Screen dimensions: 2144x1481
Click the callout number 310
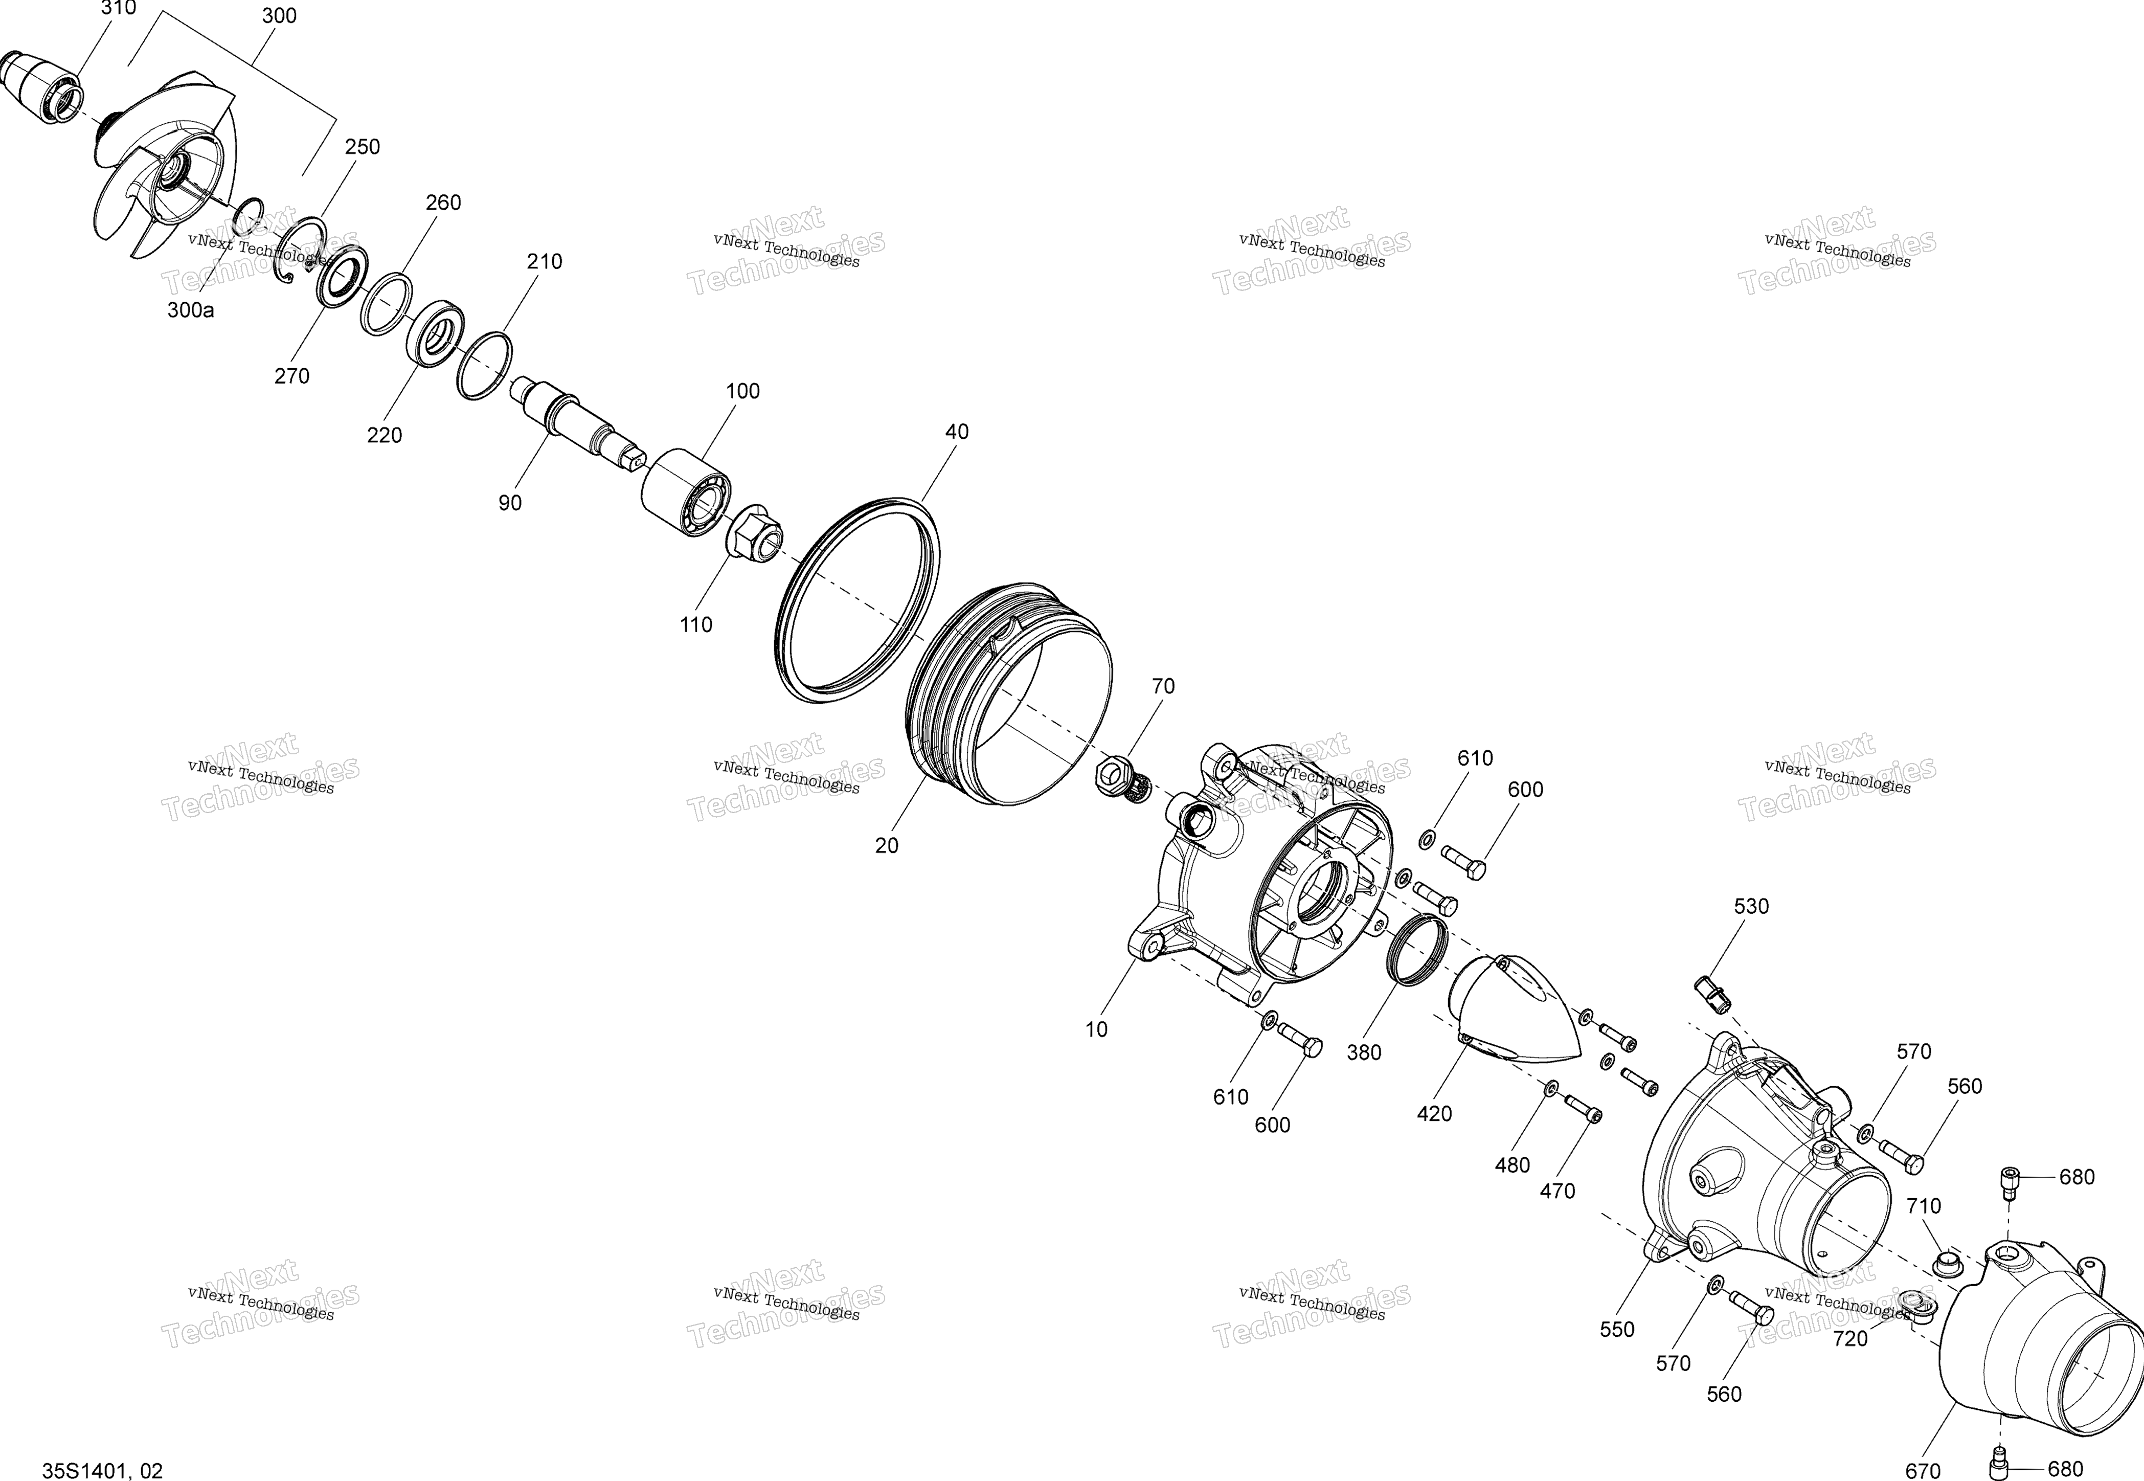118,8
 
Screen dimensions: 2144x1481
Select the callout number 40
957,432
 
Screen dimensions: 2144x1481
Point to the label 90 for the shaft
509,503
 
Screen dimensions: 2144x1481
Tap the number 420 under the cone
1434,1113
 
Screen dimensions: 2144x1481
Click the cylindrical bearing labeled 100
687,492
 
